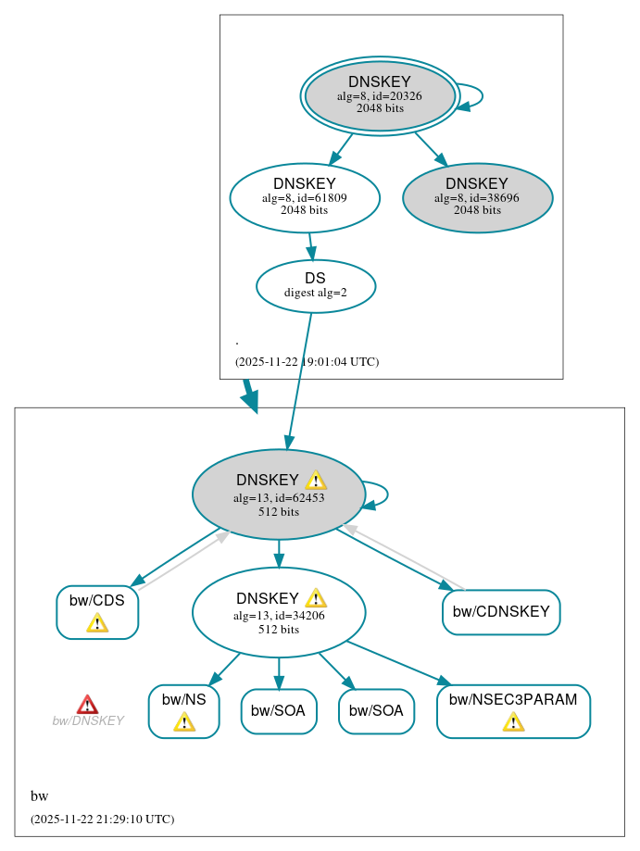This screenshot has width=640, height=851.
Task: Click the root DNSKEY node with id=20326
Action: click(x=380, y=95)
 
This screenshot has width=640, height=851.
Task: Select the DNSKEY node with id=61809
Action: click(x=305, y=197)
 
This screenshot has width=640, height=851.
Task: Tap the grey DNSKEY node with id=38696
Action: click(x=477, y=197)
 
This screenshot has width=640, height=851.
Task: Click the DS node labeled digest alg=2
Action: click(x=315, y=285)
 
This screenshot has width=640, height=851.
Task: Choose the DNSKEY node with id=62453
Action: click(x=278, y=494)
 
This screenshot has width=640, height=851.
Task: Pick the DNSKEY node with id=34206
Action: click(x=278, y=612)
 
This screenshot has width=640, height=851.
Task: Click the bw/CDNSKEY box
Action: click(x=501, y=612)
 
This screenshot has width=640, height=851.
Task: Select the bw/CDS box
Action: click(x=97, y=612)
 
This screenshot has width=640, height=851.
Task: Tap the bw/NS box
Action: click(x=183, y=711)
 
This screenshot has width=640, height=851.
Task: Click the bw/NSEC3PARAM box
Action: click(x=513, y=711)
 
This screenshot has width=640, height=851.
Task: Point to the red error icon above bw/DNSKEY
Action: click(x=87, y=705)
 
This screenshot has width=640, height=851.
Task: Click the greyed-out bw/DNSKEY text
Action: click(x=87, y=721)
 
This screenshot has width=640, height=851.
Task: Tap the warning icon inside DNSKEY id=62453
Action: click(x=316, y=480)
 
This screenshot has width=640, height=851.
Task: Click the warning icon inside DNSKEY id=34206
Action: click(x=316, y=598)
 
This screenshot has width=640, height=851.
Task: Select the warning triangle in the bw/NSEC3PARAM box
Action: click(x=513, y=721)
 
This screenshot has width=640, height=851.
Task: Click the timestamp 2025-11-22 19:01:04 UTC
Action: click(x=307, y=362)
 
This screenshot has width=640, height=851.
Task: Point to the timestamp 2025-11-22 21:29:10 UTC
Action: click(x=102, y=820)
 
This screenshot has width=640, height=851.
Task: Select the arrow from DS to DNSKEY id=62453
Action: click(x=299, y=381)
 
